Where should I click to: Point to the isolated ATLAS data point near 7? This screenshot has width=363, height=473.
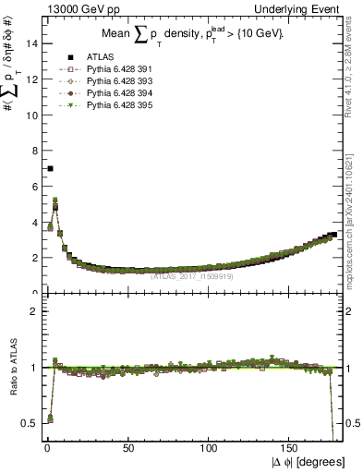pyautogui.click(x=50, y=168)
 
